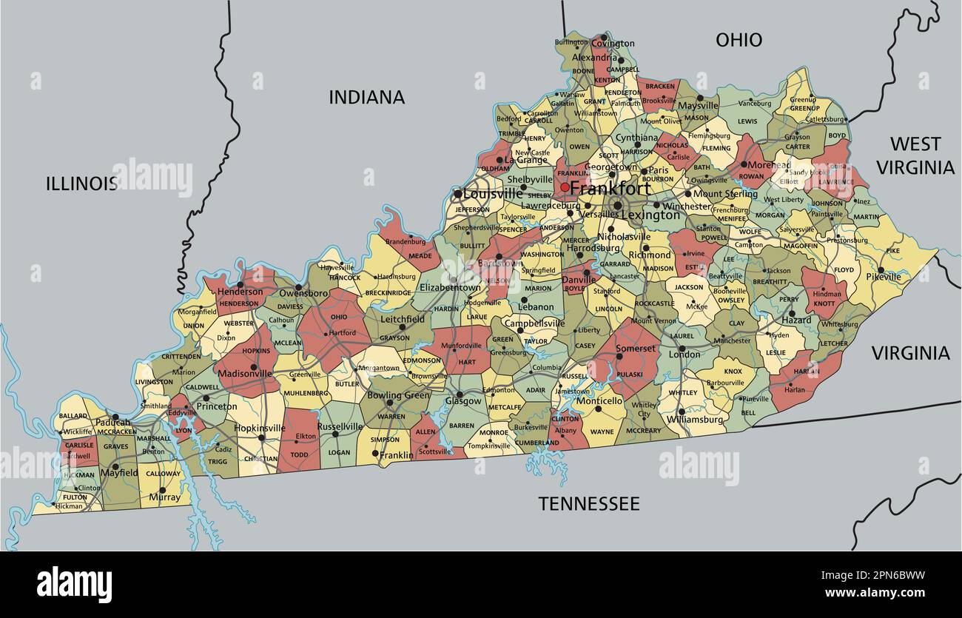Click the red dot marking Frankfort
click(x=565, y=187)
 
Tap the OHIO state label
click(x=739, y=40)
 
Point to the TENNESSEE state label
click(x=588, y=504)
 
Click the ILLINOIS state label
click(x=81, y=184)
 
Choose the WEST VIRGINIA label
click(x=915, y=155)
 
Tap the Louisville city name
click(x=493, y=194)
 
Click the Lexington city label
click(x=650, y=215)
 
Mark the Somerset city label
click(x=636, y=349)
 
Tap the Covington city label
click(x=613, y=44)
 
